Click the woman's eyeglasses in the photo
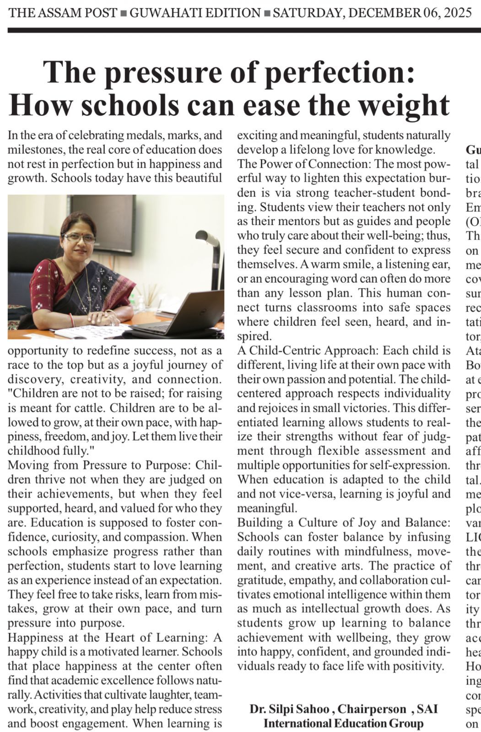pos(79,238)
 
